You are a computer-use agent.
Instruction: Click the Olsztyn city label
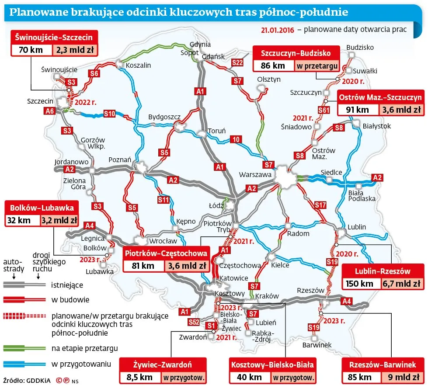(269, 80)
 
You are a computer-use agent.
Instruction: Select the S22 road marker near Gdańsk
(237, 63)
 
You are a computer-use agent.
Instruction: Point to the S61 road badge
(324, 110)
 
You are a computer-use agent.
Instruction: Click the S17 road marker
(320, 205)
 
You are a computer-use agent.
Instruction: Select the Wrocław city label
(163, 241)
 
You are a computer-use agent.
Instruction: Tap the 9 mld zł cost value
(402, 377)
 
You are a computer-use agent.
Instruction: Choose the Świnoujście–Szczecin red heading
(54, 37)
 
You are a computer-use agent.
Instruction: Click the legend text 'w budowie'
(70, 300)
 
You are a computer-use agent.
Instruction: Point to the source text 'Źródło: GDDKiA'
(26, 380)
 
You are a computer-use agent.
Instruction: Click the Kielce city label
(280, 265)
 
